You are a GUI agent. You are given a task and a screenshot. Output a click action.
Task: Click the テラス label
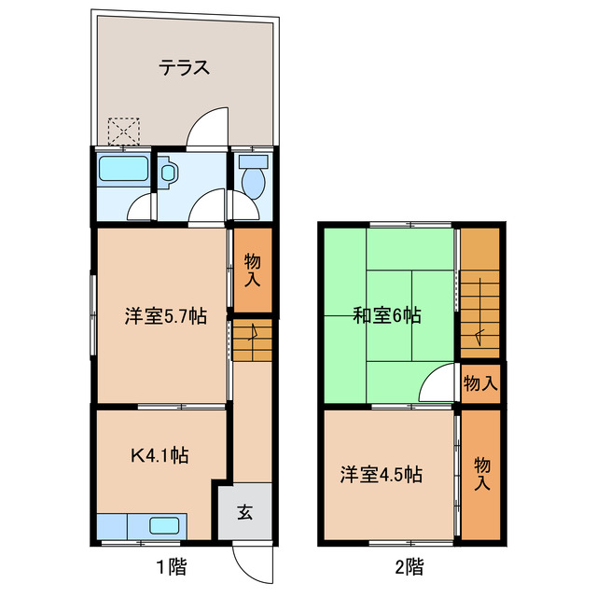coord(183,67)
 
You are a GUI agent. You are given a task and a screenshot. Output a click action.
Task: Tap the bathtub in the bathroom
coord(122,170)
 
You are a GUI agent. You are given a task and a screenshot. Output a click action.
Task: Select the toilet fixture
coord(252,177)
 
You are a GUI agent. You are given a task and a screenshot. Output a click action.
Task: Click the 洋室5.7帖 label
coord(166,316)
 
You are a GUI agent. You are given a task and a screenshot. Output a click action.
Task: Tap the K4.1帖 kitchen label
coord(160,456)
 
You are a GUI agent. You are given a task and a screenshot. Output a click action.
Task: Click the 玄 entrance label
coord(244,511)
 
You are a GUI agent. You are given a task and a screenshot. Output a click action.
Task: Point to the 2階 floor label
coord(409,565)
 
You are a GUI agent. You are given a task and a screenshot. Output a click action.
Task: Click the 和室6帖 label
coord(386,316)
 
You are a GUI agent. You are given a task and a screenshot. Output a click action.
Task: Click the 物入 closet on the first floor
coord(253,270)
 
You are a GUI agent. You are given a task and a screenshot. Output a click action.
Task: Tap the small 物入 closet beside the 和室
coord(480,383)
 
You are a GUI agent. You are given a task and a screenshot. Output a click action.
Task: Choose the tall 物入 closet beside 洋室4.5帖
coord(482,474)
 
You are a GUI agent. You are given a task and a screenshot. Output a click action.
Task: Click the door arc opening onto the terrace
coord(208,129)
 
